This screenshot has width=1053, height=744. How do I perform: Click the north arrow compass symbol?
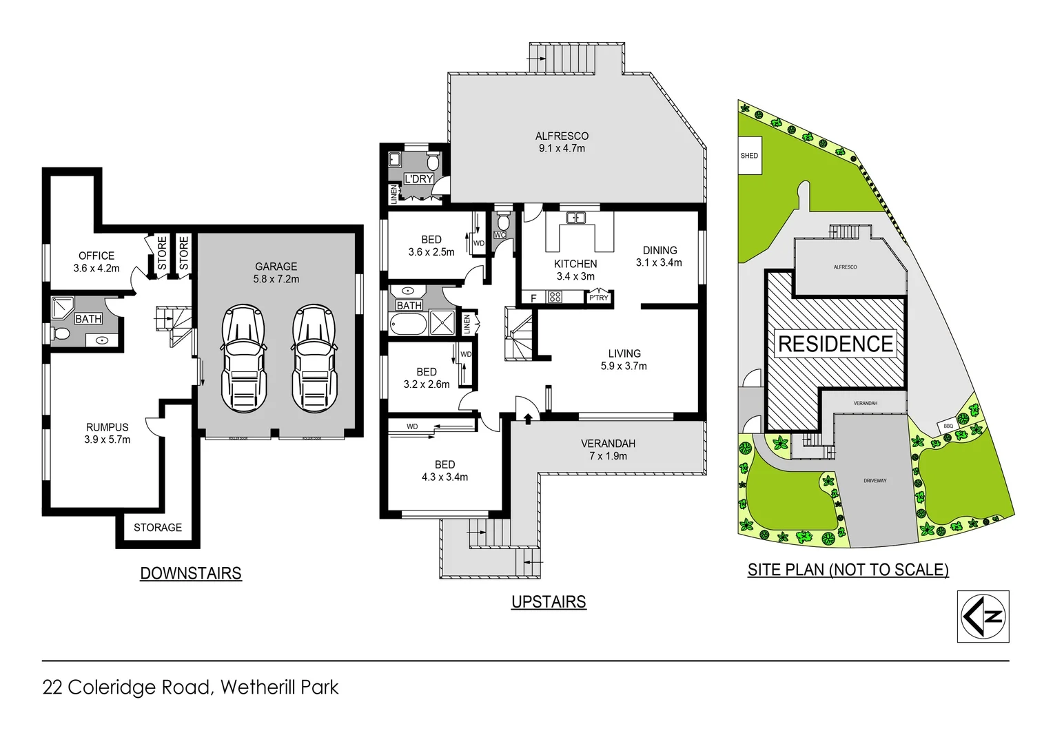983,617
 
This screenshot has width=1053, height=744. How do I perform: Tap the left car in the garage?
243,358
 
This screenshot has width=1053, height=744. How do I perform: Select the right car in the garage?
314,358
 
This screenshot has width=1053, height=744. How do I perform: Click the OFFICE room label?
96,256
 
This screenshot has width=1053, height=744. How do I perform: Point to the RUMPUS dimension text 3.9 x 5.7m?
108,440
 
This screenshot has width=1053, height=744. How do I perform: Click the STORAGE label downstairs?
158,528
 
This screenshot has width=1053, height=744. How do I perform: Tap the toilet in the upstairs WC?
503,222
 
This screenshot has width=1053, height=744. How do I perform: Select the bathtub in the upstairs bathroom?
407,323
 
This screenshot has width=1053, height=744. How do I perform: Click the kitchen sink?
575,218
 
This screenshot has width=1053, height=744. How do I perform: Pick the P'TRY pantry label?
598,298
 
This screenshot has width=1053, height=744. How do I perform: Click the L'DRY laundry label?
418,179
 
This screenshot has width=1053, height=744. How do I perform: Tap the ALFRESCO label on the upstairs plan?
562,136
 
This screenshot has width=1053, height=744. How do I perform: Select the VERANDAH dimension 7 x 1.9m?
608,456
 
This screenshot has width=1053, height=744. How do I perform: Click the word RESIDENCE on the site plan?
835,344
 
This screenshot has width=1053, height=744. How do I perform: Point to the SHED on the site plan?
750,156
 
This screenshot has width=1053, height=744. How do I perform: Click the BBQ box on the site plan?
948,426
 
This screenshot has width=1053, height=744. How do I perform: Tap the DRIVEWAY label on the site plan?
875,481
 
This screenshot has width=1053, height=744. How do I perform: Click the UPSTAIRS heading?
549,602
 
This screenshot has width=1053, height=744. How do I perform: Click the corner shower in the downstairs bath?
63,308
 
